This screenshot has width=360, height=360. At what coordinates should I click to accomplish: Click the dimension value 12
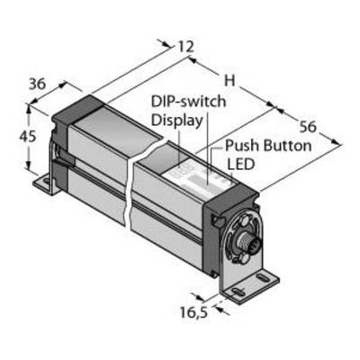[186, 47]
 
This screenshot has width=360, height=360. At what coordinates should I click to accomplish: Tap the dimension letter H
[229, 80]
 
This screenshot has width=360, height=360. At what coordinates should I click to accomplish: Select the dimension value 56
[309, 127]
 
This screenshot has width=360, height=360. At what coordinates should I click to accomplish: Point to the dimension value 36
[37, 84]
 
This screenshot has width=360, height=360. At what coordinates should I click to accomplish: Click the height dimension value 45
[28, 137]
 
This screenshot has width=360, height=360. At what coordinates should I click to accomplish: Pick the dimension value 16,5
[193, 313]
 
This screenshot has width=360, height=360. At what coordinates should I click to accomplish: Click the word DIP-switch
[188, 102]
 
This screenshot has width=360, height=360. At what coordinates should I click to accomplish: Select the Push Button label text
[268, 146]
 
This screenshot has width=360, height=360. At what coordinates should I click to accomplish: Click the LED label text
[240, 164]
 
